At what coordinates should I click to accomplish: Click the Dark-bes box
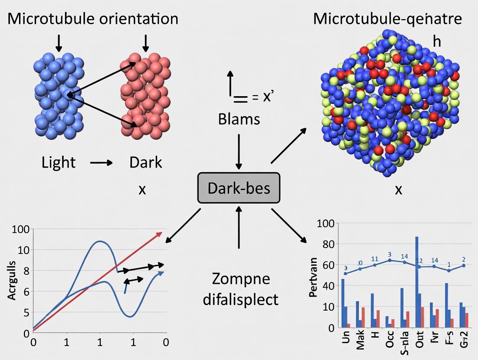click(x=239, y=188)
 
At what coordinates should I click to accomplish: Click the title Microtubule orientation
click(x=93, y=19)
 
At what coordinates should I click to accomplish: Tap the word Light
click(x=58, y=163)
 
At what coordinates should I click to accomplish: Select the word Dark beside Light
click(x=145, y=163)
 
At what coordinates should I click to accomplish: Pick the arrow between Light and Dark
click(x=101, y=163)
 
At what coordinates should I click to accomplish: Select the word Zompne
click(x=241, y=279)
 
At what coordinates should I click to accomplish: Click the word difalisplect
click(x=241, y=299)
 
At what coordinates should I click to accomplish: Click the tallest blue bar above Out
click(x=417, y=281)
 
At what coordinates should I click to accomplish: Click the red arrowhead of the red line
click(x=159, y=234)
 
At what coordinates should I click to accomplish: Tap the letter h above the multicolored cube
click(x=436, y=41)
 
